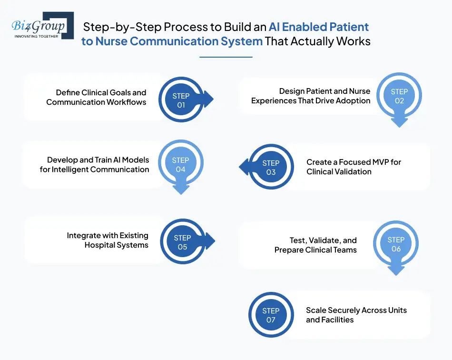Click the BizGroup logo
[x=42, y=26]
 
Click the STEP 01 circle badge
[x=181, y=100]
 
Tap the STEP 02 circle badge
[x=399, y=96]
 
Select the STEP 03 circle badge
[x=271, y=167]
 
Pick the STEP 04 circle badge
[x=180, y=165]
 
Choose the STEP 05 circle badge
[x=182, y=242]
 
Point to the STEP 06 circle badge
[x=396, y=244]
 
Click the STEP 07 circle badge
[x=271, y=315]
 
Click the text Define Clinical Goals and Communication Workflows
[x=96, y=97]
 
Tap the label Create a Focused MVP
[x=354, y=162]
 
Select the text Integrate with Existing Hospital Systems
[x=108, y=240]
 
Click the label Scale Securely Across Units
[x=356, y=310]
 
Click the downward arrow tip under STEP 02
[x=399, y=124]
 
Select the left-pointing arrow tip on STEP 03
[x=242, y=167]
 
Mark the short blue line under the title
[x=226, y=57]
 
